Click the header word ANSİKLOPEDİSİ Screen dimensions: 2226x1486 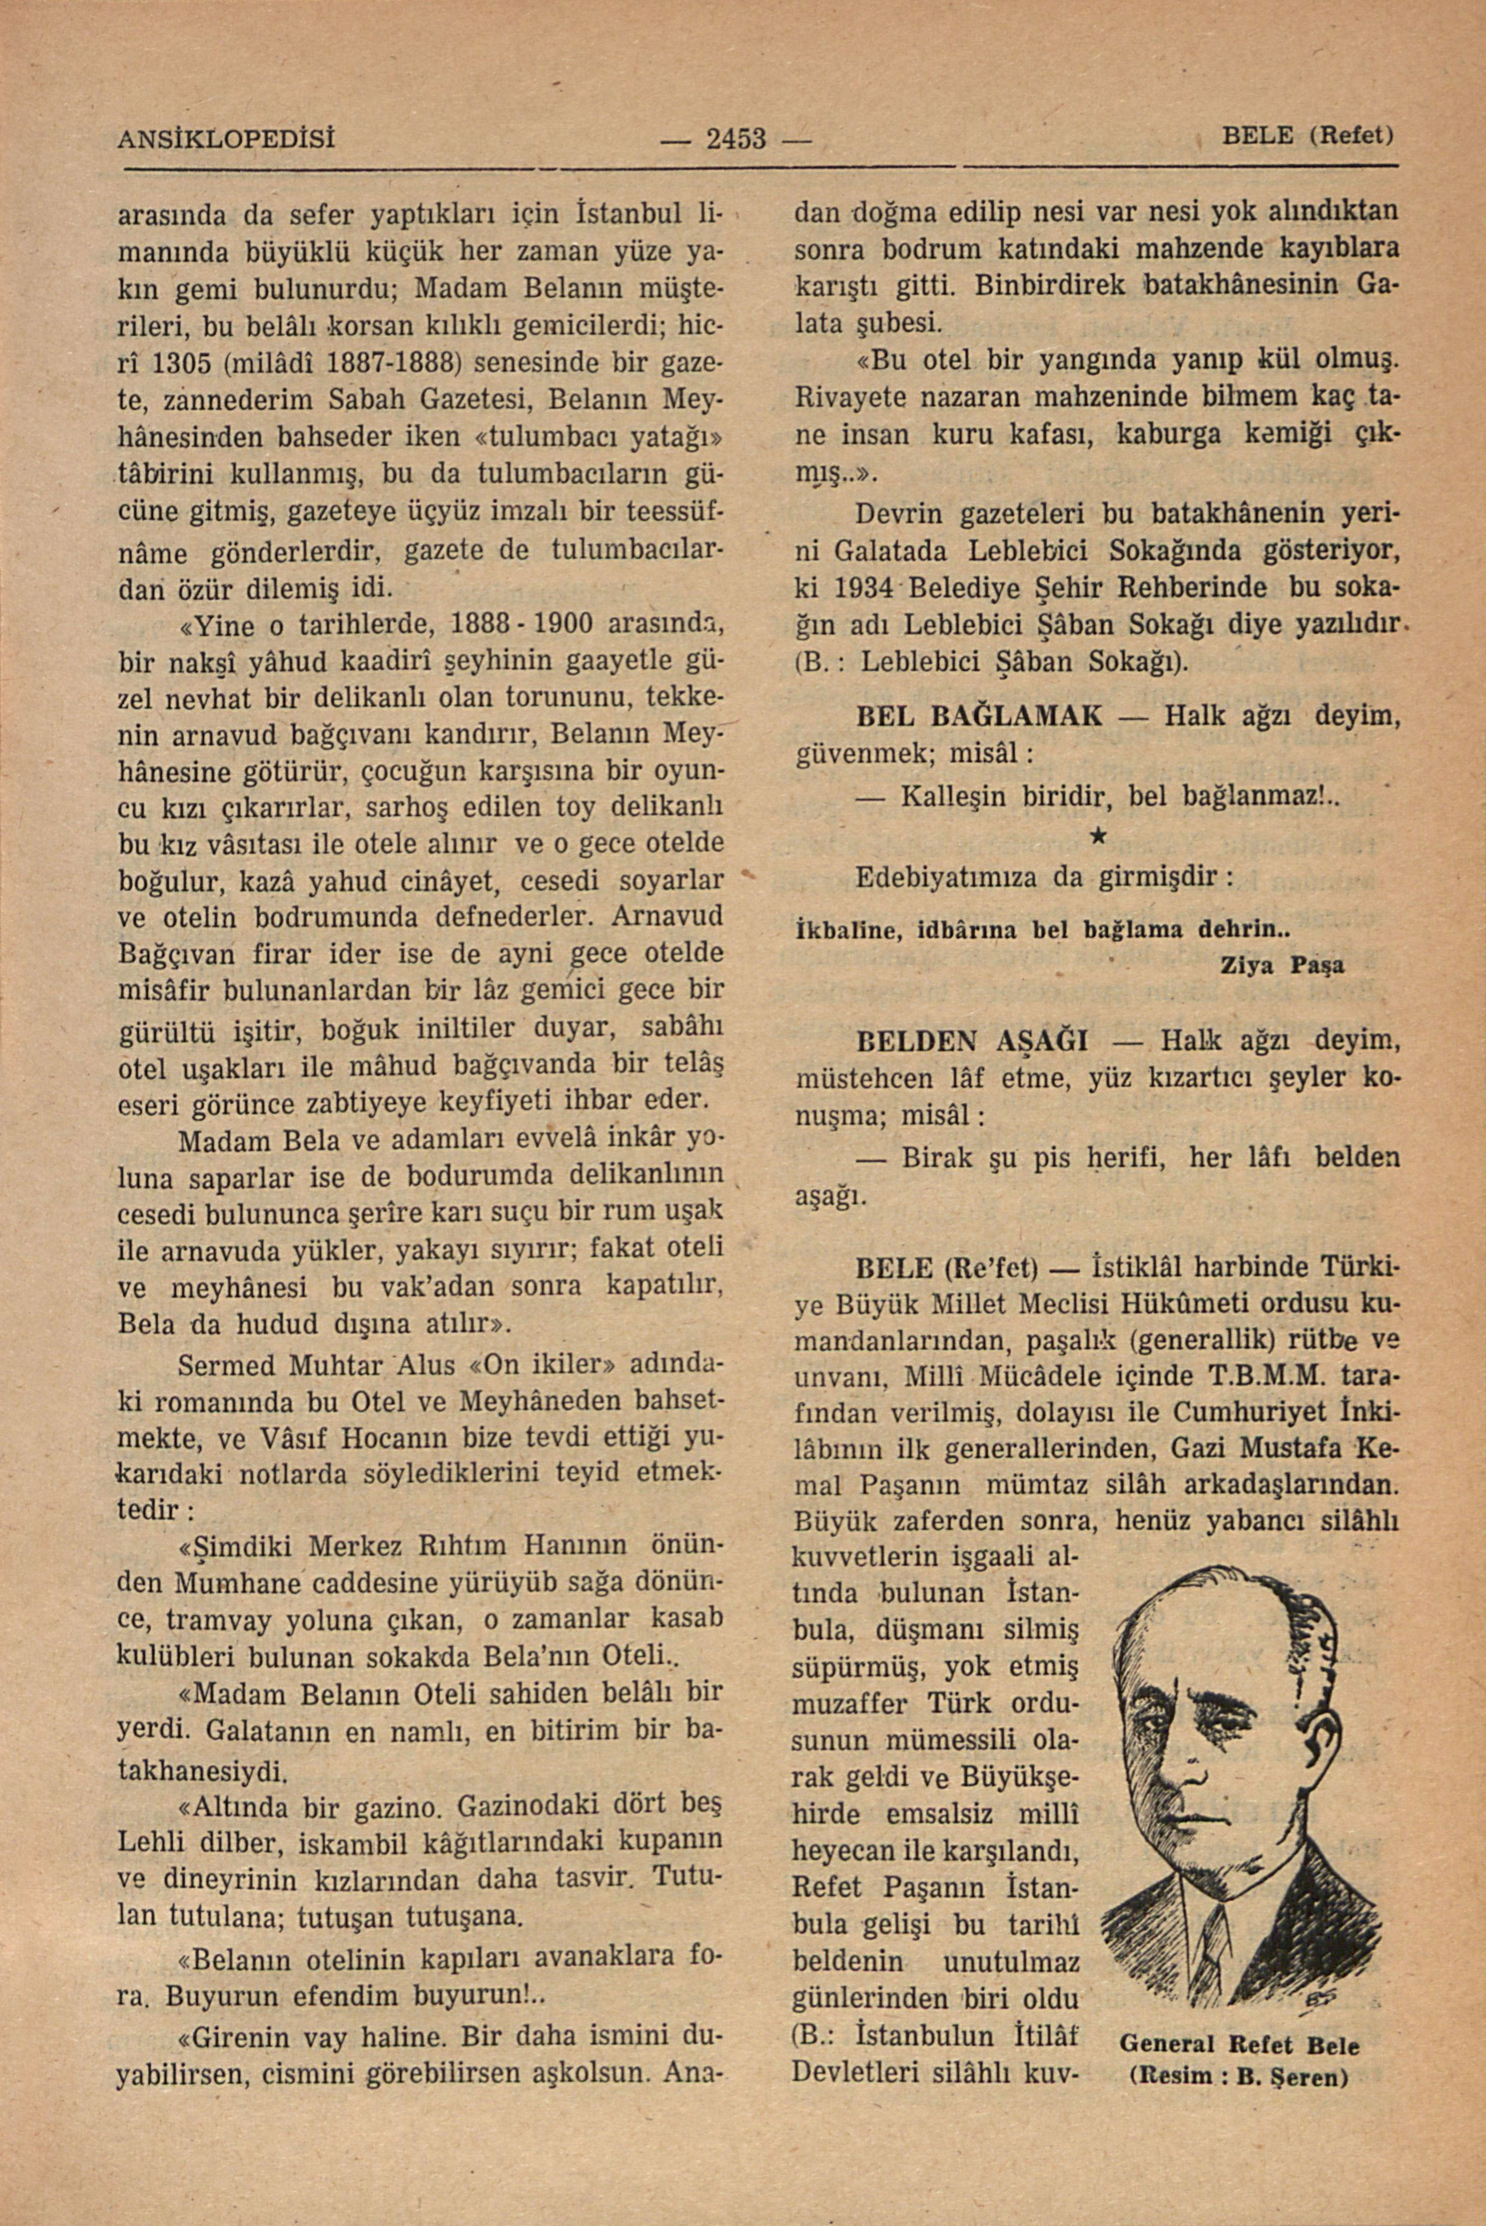pyautogui.click(x=227, y=138)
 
